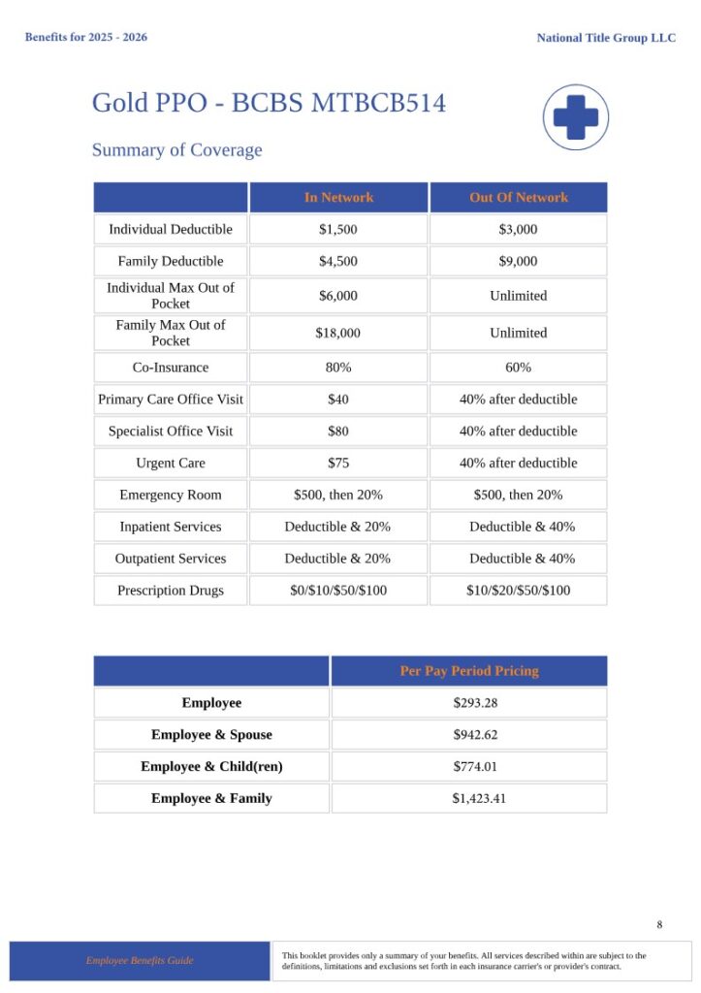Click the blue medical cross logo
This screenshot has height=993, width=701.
pyautogui.click(x=575, y=117)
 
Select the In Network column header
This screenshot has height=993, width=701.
pyautogui.click(x=338, y=198)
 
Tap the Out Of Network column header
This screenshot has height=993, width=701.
pyautogui.click(x=519, y=198)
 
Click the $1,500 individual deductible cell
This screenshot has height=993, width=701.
pyautogui.click(x=338, y=230)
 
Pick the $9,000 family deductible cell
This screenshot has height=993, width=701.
pyautogui.click(x=519, y=262)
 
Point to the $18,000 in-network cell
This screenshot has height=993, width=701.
pyautogui.click(x=338, y=334)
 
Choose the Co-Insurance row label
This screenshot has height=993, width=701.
pyautogui.click(x=171, y=368)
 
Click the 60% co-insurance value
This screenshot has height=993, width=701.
pyautogui.click(x=519, y=368)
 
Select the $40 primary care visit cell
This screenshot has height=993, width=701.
pyautogui.click(x=338, y=400)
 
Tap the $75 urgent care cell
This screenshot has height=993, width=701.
pyautogui.click(x=338, y=464)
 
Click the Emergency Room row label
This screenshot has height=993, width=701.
pyautogui.click(x=171, y=496)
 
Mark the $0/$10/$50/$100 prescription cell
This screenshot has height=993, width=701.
pyautogui.click(x=338, y=591)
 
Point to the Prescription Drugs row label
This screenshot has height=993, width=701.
pyautogui.click(x=171, y=591)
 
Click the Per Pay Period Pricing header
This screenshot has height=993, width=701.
pyautogui.click(x=469, y=671)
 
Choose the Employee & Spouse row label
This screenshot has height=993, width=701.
pyautogui.click(x=211, y=735)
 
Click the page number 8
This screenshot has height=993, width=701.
pyautogui.click(x=659, y=924)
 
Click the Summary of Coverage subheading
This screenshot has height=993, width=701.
pyautogui.click(x=176, y=150)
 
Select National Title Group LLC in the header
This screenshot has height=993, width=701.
pyautogui.click(x=606, y=38)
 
